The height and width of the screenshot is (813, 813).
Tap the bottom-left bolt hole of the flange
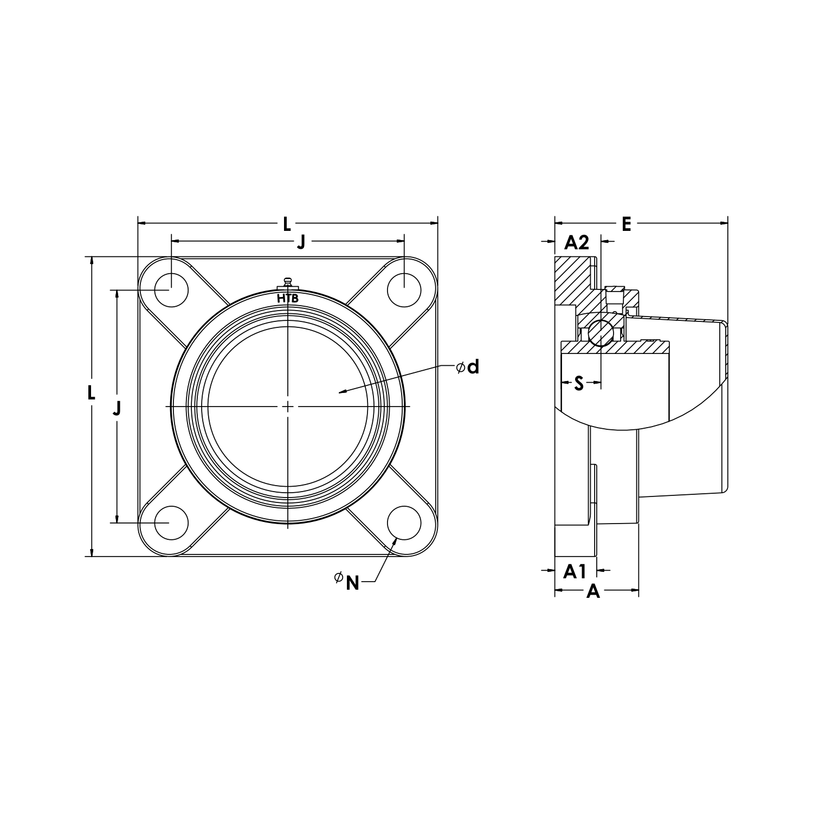[x=171, y=523]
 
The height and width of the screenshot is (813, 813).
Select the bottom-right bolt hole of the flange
[x=404, y=523]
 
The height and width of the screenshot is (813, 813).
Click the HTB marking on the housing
[x=288, y=299]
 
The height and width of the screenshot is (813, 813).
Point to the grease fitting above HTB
[x=288, y=283]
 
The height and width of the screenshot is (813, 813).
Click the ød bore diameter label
[x=468, y=367]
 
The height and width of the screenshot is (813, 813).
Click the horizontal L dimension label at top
[x=287, y=223]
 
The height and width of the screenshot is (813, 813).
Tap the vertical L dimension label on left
[x=92, y=392]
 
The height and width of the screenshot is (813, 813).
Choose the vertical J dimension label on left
[x=117, y=408]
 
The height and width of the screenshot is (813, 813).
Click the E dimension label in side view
[x=627, y=223]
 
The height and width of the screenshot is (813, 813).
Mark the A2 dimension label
[x=577, y=242]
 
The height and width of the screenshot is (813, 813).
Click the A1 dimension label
[x=575, y=571]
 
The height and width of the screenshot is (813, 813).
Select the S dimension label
[x=579, y=384]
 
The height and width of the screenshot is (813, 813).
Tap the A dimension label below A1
[x=594, y=591]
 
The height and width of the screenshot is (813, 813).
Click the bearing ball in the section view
[x=601, y=332]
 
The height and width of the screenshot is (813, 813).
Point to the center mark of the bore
[x=288, y=406]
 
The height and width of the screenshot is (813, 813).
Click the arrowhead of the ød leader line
[x=338, y=392]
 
